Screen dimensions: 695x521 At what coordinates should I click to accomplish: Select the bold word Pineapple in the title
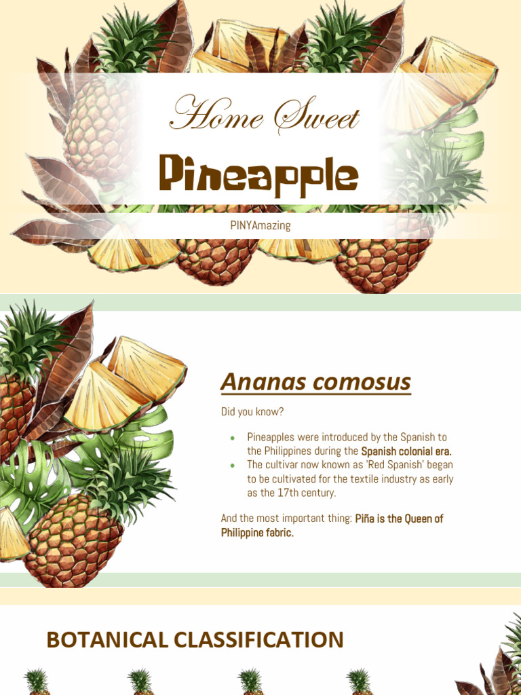258,174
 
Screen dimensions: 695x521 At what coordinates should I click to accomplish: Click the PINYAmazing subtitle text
260,225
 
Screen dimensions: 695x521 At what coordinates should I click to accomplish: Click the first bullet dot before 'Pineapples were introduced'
233,438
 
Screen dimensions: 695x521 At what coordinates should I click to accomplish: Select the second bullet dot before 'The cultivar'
233,465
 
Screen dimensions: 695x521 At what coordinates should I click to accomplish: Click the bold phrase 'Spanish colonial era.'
406,451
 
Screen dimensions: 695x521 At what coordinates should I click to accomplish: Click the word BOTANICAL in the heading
107,640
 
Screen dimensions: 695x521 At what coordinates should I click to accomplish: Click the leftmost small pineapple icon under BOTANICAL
37,681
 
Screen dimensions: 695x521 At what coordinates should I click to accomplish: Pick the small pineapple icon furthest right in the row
358,681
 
